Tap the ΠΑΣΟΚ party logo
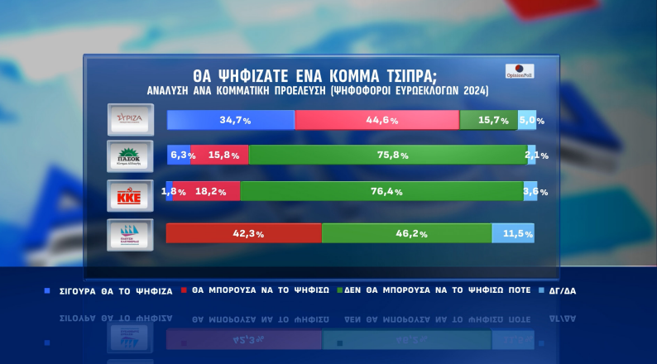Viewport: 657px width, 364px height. (130, 155)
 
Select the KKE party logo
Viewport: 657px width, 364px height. (130, 197)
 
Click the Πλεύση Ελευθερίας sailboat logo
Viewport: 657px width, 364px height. (130, 233)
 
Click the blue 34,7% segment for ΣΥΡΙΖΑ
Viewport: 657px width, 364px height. (231, 120)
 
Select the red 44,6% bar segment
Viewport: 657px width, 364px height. (376, 120)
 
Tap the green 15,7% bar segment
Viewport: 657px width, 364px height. (488, 120)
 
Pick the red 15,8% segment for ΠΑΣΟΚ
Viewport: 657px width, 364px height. (219, 155)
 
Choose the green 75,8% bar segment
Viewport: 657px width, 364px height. (387, 155)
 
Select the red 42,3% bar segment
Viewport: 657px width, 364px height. (244, 233)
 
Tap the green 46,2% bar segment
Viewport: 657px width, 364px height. (406, 233)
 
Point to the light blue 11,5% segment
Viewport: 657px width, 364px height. (513, 233)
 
